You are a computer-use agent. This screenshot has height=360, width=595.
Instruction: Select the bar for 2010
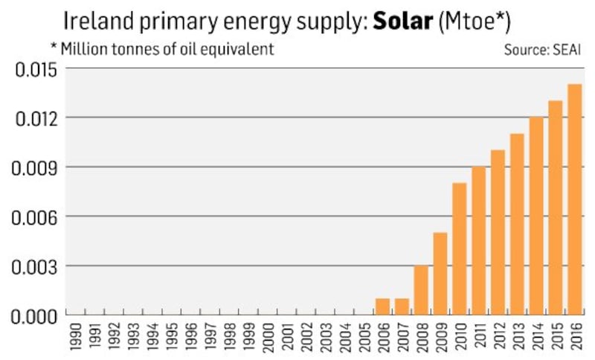(x=459, y=249)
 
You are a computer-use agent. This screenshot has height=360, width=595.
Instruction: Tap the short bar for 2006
(x=382, y=306)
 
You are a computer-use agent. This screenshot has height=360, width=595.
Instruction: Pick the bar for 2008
(x=421, y=290)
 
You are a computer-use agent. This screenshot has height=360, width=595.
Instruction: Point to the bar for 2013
(x=517, y=224)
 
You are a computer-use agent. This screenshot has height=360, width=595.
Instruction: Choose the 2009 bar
(x=440, y=274)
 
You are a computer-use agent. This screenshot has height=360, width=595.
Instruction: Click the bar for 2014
(x=536, y=216)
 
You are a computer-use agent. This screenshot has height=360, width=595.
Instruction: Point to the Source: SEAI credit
(x=540, y=51)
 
